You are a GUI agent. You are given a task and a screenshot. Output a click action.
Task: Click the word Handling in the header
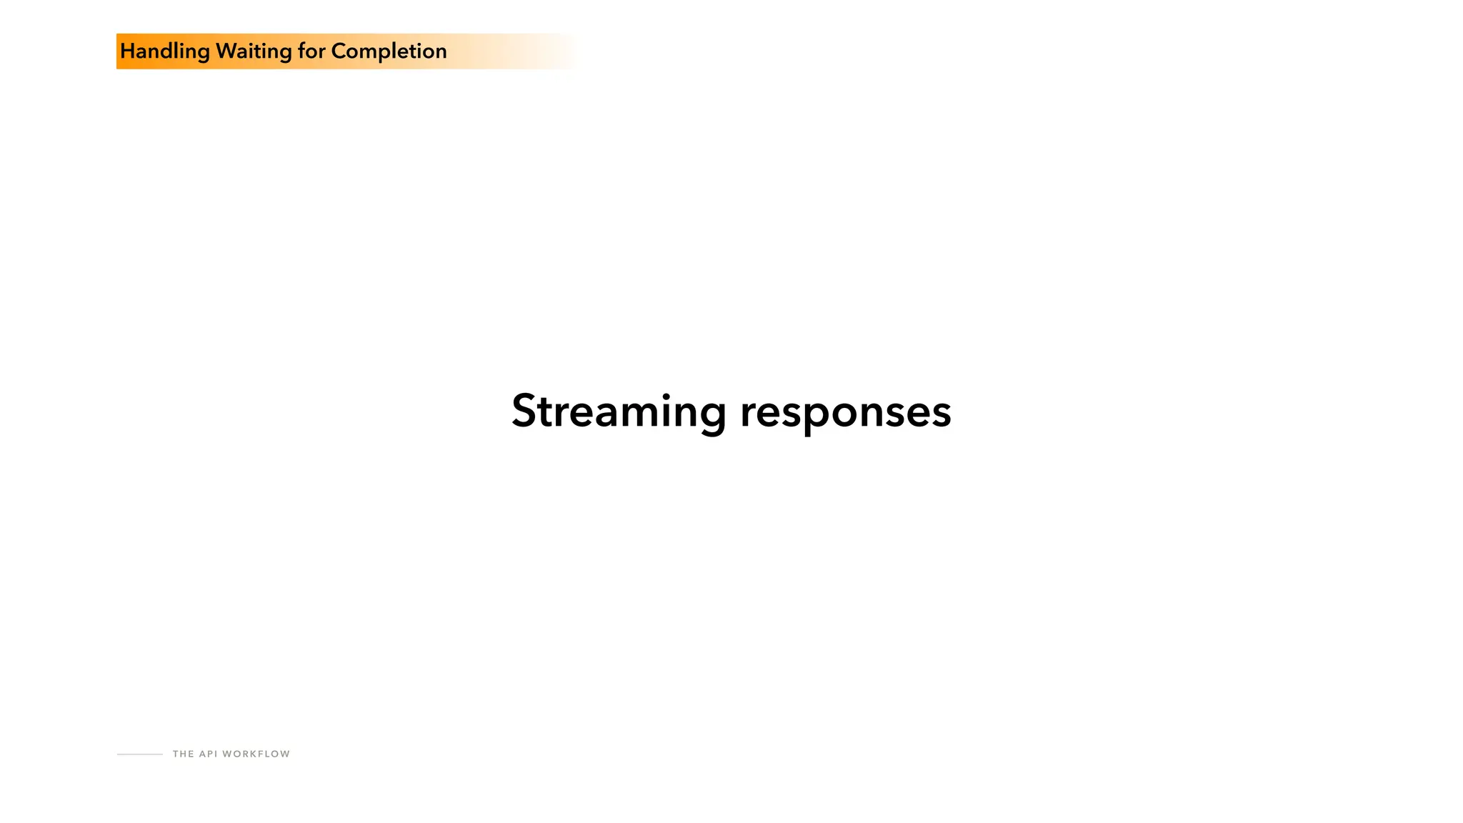(x=165, y=51)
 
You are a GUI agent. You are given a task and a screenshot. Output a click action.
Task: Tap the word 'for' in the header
(x=311, y=51)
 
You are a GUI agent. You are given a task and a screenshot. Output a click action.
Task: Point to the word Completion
(x=389, y=51)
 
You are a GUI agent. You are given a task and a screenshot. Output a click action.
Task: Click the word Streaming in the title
(x=619, y=411)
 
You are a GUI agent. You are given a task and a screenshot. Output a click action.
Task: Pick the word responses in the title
(x=846, y=411)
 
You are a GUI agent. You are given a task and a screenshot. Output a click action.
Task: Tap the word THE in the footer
(x=183, y=754)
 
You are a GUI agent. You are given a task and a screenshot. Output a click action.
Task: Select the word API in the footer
(x=208, y=754)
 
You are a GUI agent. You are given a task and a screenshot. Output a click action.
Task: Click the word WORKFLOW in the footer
(x=256, y=754)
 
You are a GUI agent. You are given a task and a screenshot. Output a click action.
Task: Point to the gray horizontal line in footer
(x=140, y=754)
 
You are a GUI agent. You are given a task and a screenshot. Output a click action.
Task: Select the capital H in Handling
(x=128, y=51)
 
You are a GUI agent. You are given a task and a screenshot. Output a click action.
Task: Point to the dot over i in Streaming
(x=666, y=396)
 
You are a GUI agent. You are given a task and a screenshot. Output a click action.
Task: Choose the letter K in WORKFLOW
(x=251, y=754)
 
